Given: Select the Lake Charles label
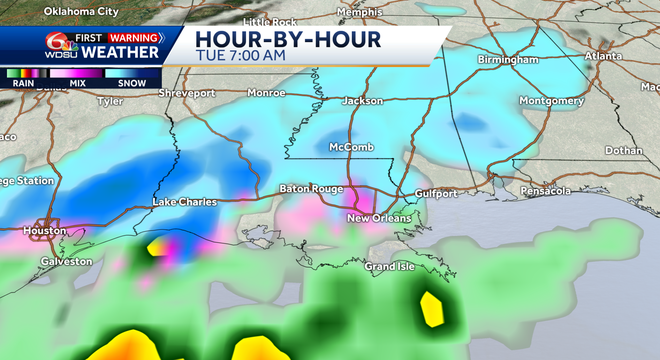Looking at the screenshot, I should pyautogui.click(x=184, y=202).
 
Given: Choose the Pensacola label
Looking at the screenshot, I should pyautogui.click(x=545, y=190).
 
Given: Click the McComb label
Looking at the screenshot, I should pyautogui.click(x=351, y=148).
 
